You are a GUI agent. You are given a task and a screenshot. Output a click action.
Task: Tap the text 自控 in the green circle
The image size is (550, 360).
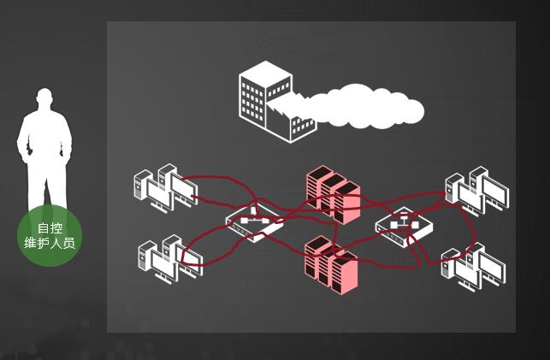pos(50,228)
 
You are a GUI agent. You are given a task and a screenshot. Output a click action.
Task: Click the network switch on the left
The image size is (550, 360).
pos(254,222)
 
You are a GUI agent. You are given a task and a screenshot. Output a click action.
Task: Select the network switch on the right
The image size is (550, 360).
pos(404,226)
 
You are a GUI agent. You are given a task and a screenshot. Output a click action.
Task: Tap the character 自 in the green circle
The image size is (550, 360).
pos(44,228)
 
